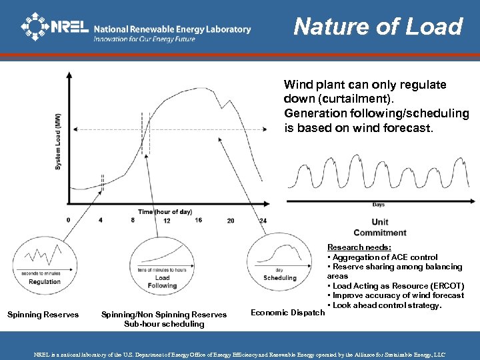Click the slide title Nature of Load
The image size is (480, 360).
pyautogui.click(x=377, y=26)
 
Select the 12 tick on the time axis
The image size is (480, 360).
pyautogui.click(x=167, y=221)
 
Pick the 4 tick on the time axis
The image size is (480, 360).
pyautogui.click(x=101, y=221)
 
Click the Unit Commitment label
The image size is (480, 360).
pyautogui.click(x=380, y=227)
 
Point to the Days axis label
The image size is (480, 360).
pyautogui.click(x=379, y=205)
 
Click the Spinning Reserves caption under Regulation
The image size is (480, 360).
pyautogui.click(x=43, y=315)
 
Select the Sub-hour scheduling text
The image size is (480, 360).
pyautogui.click(x=163, y=324)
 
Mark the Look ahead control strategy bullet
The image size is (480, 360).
pyautogui.click(x=385, y=305)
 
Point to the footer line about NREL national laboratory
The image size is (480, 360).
pyautogui.click(x=240, y=355)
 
